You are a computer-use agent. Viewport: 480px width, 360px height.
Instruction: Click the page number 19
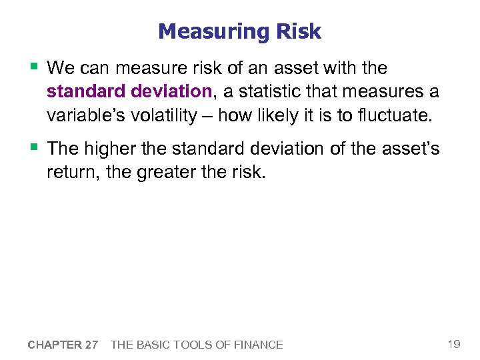coord(453,344)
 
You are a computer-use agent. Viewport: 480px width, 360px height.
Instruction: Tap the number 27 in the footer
coord(91,345)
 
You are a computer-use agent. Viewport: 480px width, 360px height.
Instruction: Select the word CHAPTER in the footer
coord(54,345)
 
